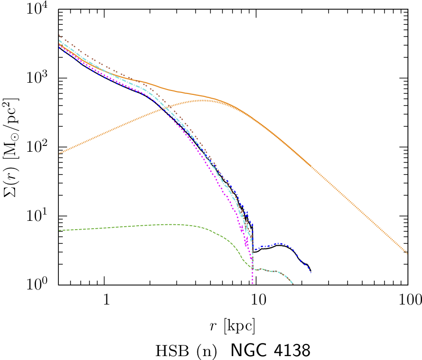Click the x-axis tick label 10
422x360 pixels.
(256, 298)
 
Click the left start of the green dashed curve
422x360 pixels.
(59, 230)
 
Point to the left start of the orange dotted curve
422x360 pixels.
(59, 153)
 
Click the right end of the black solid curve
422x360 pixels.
(311, 271)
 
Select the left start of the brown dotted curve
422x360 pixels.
(59, 36)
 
